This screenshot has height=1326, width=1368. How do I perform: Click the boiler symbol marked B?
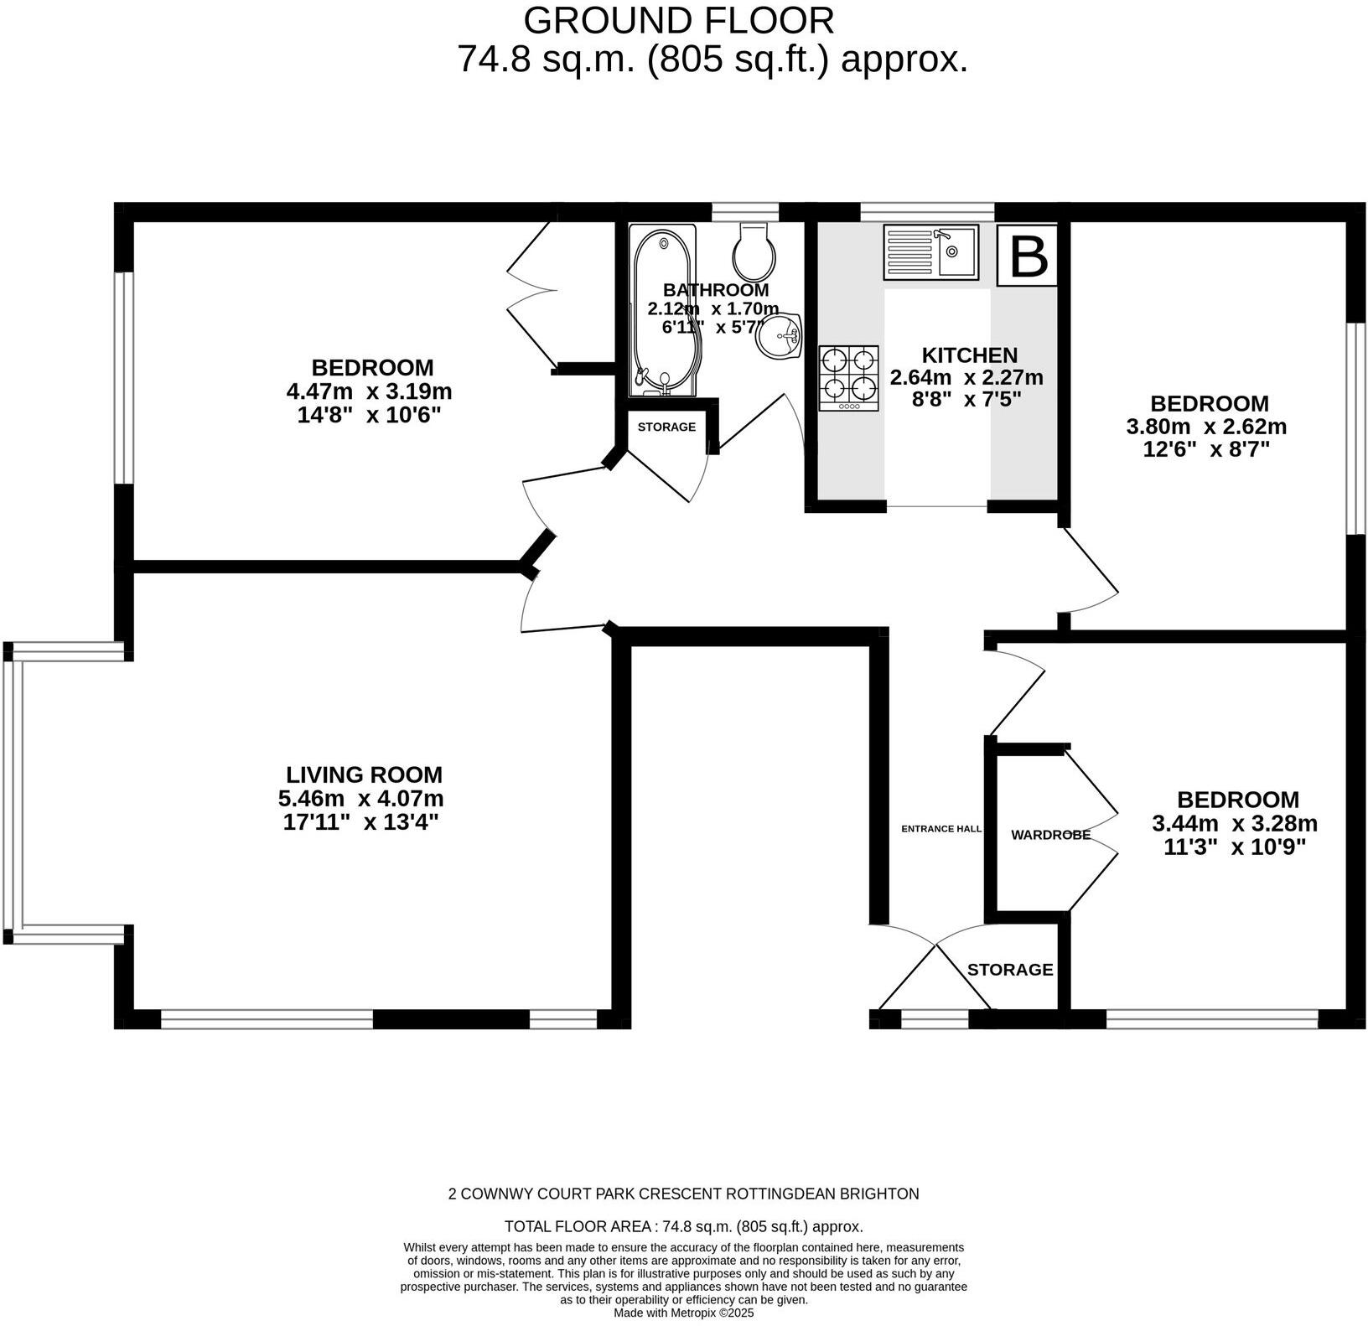point(1027,256)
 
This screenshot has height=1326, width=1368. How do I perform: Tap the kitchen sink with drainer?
point(930,252)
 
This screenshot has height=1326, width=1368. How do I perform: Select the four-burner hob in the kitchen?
point(849,378)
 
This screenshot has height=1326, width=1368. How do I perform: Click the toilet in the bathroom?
point(754,251)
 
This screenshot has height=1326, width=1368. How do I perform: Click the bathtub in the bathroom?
point(663,311)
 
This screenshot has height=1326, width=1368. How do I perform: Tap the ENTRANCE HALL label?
point(940,829)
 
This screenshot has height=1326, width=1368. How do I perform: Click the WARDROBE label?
point(1050,835)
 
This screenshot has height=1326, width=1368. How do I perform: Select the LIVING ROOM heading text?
point(364,774)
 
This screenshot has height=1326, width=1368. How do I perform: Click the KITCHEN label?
point(969,355)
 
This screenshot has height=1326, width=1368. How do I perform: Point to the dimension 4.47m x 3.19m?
point(369,391)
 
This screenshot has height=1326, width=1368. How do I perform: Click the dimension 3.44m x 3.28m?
point(1235,823)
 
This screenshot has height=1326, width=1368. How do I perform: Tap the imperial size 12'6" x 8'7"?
point(1206,449)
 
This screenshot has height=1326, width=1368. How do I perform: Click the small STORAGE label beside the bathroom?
point(666,427)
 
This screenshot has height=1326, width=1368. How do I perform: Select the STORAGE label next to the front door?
point(1009,970)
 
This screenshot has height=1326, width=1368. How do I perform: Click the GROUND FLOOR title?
point(678,20)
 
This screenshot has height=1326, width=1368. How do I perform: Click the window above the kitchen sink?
point(926,211)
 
